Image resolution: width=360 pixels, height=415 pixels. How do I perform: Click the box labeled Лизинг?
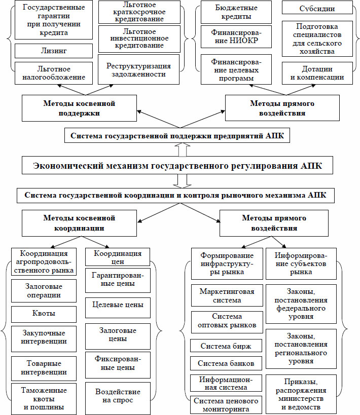(54, 51)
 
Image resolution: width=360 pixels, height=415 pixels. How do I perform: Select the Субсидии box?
(317, 9)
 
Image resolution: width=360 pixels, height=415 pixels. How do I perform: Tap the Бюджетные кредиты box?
(236, 12)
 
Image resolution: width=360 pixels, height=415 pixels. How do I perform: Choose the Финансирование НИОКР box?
(236, 36)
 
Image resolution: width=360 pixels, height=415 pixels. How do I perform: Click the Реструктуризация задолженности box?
(138, 69)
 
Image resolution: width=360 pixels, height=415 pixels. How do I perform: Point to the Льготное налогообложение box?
(54, 73)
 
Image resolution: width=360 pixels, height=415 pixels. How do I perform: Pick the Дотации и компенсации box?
(317, 73)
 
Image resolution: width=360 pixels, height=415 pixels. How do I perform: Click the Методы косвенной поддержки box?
(79, 108)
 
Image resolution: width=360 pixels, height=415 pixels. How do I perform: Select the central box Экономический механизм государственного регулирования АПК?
(177, 165)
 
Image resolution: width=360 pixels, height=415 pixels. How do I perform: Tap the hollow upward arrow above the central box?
(183, 150)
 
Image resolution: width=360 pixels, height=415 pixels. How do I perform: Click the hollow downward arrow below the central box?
(183, 181)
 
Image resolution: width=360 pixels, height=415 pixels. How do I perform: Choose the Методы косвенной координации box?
(79, 223)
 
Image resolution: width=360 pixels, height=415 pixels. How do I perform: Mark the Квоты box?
(44, 314)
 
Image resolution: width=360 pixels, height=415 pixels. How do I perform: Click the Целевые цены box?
(118, 308)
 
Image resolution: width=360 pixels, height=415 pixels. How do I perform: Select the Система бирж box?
(226, 346)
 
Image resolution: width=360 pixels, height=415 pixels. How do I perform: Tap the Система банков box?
(226, 363)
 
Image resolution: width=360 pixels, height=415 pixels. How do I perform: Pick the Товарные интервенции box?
(44, 368)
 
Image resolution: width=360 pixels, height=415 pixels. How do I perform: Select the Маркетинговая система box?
(227, 295)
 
